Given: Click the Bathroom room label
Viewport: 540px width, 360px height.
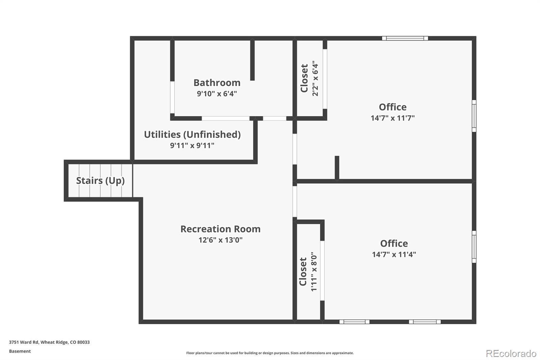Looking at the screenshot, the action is coord(217,83).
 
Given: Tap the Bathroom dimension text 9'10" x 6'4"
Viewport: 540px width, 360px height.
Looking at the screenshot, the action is coord(217,94).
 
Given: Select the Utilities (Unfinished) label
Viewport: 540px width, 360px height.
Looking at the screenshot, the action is coord(192,135).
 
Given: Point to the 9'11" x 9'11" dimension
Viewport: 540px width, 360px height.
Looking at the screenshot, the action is coord(192,146).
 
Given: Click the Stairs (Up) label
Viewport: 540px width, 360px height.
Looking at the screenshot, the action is coord(100,181).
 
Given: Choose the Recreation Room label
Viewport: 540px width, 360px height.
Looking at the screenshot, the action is coord(221,229).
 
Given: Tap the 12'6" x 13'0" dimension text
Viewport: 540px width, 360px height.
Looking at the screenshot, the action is coord(221,240).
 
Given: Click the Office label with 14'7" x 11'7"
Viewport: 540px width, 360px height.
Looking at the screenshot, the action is coord(393,107).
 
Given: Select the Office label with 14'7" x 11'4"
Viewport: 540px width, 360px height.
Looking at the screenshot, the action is coord(394,243).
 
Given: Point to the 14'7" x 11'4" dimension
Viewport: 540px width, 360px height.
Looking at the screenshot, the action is coord(394,254).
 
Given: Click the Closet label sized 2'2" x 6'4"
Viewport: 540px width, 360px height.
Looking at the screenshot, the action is coord(304,78).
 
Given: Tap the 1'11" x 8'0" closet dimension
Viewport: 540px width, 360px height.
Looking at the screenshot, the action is coord(314,272).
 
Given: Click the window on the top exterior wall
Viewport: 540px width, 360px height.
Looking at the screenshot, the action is coord(405,38).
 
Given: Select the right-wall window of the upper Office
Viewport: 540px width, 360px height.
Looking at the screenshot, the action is coord(474,116).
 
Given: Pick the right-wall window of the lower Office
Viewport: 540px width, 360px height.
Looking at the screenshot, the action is coord(474,247).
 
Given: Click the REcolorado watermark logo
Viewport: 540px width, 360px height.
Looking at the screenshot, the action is coord(511,354).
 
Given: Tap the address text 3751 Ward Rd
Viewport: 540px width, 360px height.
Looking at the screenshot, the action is coord(24,342).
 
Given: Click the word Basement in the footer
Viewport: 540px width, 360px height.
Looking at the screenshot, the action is coord(20,351).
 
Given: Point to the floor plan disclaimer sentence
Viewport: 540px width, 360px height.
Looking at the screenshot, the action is coord(270,353).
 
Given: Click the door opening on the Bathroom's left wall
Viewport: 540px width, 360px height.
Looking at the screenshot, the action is coord(172,98).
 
